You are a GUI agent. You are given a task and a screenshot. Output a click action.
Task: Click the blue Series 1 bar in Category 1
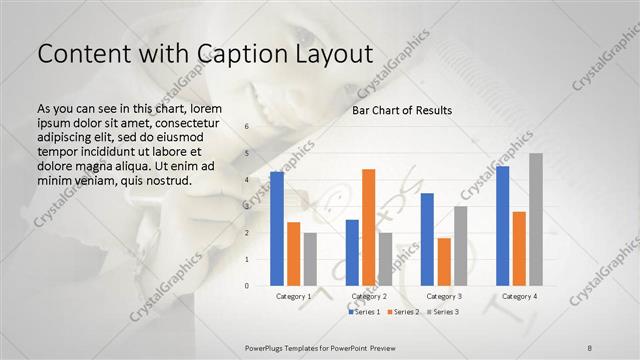coord(277,229)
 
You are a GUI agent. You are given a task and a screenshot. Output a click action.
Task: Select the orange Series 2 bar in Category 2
coord(368,227)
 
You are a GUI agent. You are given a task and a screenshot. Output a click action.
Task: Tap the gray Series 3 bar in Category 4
coord(536,219)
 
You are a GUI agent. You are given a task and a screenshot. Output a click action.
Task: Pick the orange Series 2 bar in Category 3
coord(444,261)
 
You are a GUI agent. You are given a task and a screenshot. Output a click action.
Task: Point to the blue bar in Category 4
coord(502,226)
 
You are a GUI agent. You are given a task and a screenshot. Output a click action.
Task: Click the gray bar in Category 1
coord(310,259)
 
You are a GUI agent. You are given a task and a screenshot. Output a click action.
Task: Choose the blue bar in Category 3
coord(427,239)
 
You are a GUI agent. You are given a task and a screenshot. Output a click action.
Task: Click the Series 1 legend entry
coord(364,313)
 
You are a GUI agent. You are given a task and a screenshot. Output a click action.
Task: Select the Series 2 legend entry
coord(401,313)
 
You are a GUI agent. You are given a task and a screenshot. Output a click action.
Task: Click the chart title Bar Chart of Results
coord(402,110)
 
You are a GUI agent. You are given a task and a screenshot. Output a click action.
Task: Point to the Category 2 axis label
coord(369,297)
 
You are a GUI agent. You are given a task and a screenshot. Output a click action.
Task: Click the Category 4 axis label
coord(519,297)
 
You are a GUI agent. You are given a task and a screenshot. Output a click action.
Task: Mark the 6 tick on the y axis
coord(247,127)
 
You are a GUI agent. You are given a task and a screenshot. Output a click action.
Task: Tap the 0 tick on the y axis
coord(247,286)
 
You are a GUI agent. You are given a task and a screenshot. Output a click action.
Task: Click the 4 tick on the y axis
coord(247,180)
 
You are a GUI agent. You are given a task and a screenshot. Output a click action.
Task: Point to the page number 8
coord(589,346)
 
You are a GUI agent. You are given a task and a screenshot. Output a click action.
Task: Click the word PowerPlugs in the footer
coord(268,346)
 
